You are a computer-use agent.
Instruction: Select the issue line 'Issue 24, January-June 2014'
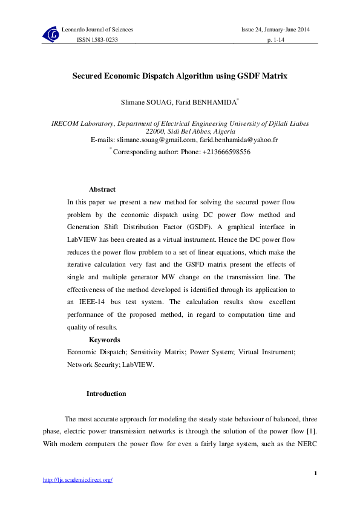click(x=276, y=30)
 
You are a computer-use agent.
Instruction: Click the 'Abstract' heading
click(x=102, y=190)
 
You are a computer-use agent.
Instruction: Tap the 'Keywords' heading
click(x=105, y=340)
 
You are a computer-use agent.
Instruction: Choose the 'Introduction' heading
click(x=106, y=394)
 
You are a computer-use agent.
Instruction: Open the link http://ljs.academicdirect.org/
click(x=78, y=480)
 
